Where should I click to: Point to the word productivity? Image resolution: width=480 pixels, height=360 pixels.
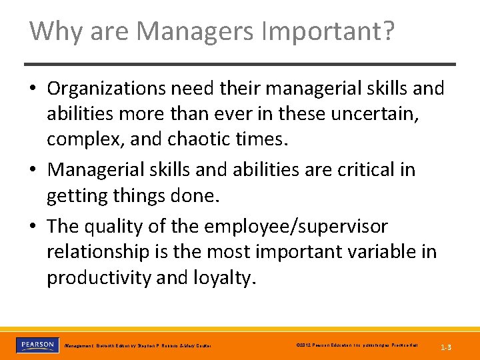(x=99, y=278)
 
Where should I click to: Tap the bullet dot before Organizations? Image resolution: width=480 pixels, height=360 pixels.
(x=34, y=89)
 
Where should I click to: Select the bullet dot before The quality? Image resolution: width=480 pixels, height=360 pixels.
(x=34, y=227)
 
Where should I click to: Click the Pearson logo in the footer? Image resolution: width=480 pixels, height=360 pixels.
(x=38, y=345)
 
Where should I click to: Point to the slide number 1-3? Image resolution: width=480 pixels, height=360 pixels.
(x=447, y=347)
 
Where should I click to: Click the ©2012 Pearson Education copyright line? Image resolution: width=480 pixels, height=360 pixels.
(x=357, y=345)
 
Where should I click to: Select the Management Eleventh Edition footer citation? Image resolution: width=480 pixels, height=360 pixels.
(x=137, y=346)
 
